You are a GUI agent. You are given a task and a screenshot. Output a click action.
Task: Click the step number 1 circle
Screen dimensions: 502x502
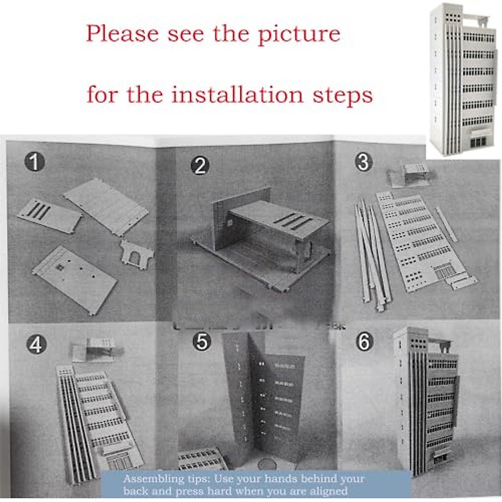click(x=34, y=162)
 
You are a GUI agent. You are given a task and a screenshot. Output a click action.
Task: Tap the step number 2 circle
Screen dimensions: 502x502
click(x=200, y=166)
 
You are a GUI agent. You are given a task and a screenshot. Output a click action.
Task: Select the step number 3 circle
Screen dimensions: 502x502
click(x=364, y=162)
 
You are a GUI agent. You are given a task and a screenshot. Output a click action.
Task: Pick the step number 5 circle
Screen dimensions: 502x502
click(x=202, y=342)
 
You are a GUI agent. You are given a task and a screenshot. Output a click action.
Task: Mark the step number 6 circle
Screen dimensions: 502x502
click(x=364, y=342)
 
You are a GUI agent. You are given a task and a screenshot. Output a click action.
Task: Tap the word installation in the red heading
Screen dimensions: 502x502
click(x=237, y=95)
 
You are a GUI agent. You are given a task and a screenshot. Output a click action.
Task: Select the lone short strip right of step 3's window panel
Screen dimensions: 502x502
click(x=446, y=224)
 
